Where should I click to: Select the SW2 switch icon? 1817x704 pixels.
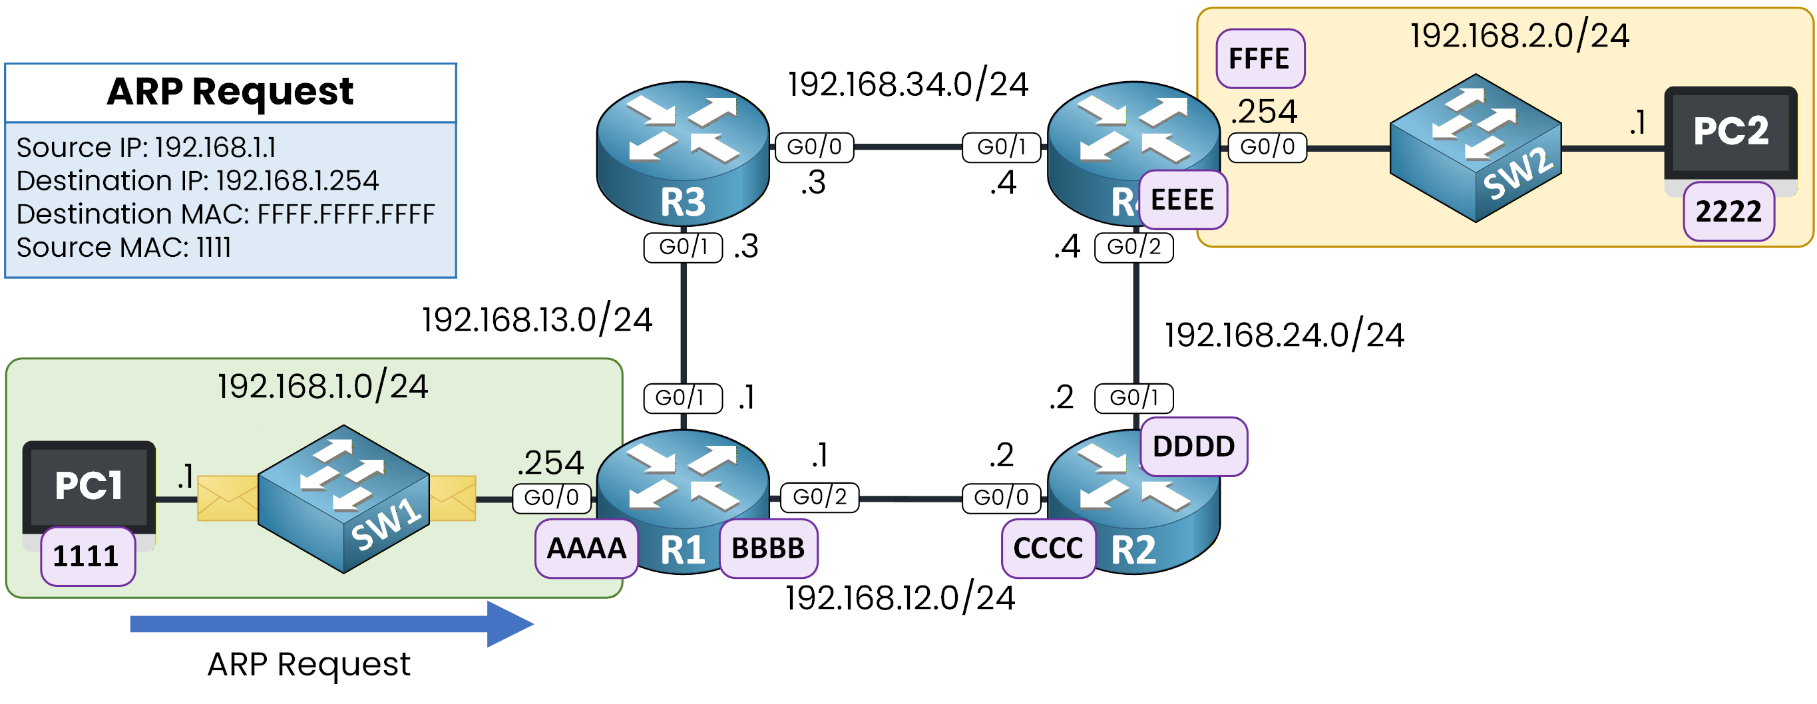[1475, 148]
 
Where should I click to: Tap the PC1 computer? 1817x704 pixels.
[89, 486]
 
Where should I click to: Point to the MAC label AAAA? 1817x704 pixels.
[586, 549]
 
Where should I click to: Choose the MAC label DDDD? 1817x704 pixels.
[1193, 446]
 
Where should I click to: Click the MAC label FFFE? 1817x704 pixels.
[1259, 59]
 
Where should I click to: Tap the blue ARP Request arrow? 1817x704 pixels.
[331, 623]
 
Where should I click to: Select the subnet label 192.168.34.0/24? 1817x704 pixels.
[908, 85]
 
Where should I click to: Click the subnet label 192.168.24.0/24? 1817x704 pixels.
[1284, 335]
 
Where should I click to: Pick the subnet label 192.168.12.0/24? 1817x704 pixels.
[900, 598]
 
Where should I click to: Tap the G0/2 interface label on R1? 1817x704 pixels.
[819, 497]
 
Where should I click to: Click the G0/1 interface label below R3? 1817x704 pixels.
[682, 247]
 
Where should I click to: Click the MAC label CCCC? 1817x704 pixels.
[1048, 549]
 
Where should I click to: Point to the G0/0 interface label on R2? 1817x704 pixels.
[1001, 498]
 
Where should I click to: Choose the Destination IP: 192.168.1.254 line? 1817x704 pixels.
[198, 181]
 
